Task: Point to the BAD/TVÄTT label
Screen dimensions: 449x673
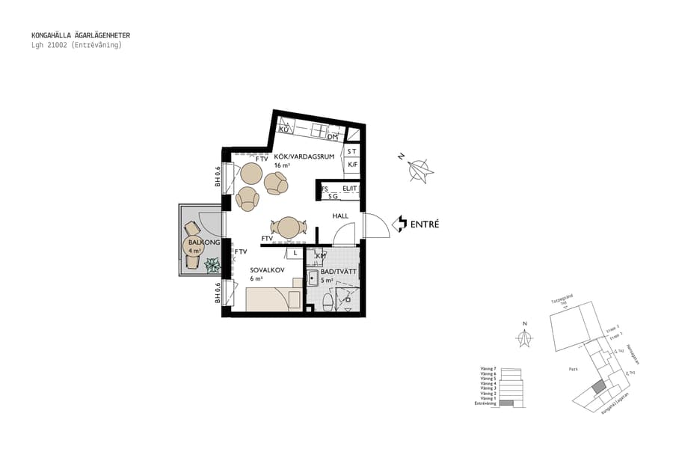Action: [x=338, y=272]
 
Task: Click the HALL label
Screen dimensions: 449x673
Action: [x=341, y=216]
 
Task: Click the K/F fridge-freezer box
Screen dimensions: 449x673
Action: [x=353, y=165]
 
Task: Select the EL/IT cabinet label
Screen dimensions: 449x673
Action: [x=350, y=189]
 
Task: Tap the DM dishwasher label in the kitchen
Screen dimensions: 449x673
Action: [x=333, y=138]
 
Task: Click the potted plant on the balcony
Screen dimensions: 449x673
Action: [x=213, y=264]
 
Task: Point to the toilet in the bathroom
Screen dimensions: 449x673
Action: [x=328, y=302]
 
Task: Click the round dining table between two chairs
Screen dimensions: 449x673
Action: [x=288, y=226]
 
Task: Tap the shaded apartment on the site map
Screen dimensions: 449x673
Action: [x=597, y=388]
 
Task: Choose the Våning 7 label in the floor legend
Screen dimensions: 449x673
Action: [x=488, y=369]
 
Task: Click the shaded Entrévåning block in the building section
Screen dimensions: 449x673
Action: [x=507, y=404]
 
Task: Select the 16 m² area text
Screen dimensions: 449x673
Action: [x=261, y=165]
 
